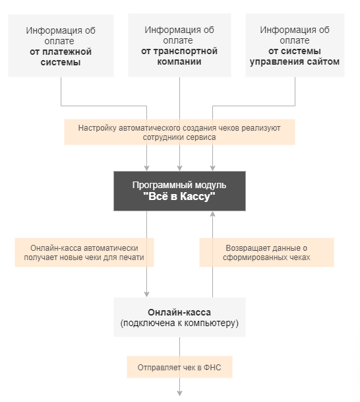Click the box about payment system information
tap(61, 46)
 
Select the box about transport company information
tap(179, 46)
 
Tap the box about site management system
tap(295, 46)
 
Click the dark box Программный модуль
tap(179, 191)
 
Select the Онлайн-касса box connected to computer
tap(179, 318)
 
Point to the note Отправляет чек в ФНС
tap(179, 366)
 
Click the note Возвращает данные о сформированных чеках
tap(266, 253)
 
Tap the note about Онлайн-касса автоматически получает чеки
tap(84, 253)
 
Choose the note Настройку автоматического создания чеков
tap(179, 132)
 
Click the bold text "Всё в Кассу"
tap(179, 197)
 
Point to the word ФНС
tap(213, 366)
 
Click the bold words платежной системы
tap(61, 57)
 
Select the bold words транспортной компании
tap(179, 56)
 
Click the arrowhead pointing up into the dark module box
tap(212, 215)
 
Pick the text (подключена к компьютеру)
tap(179, 323)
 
